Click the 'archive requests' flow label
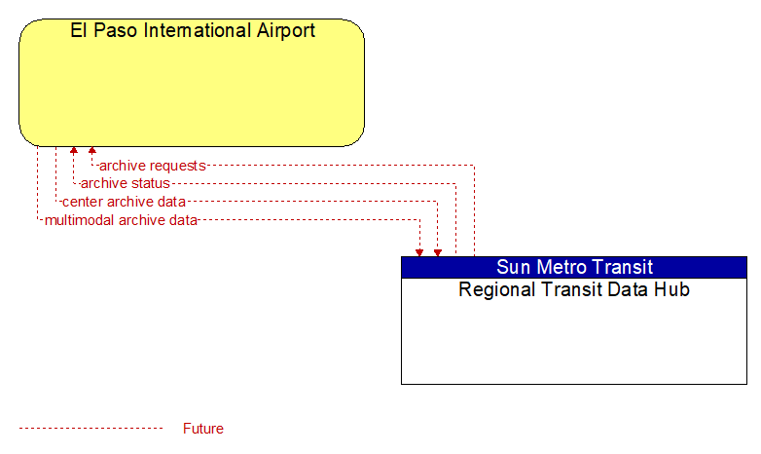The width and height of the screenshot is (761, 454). coord(153,166)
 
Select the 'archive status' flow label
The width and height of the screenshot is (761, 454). coord(126,183)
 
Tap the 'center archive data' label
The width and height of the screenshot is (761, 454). coord(124,202)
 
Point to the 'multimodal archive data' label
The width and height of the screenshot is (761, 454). coord(121,220)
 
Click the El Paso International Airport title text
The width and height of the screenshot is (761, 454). coord(193,30)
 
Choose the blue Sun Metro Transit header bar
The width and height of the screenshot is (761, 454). coord(574,267)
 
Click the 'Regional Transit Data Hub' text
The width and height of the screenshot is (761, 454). coord(574,289)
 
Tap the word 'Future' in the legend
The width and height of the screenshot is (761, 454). coord(202,429)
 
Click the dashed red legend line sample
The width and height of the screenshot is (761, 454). coord(91,429)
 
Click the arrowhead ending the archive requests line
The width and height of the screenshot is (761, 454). coord(92,150)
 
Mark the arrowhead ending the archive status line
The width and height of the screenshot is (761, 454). coord(74,150)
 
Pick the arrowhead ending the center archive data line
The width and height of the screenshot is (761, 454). coord(438,252)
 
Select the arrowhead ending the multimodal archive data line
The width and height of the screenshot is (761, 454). coord(419,252)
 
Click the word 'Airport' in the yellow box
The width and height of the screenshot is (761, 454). coord(286,31)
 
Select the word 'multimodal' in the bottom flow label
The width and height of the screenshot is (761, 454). coord(80,220)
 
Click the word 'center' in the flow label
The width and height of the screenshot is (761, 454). coord(81,202)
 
